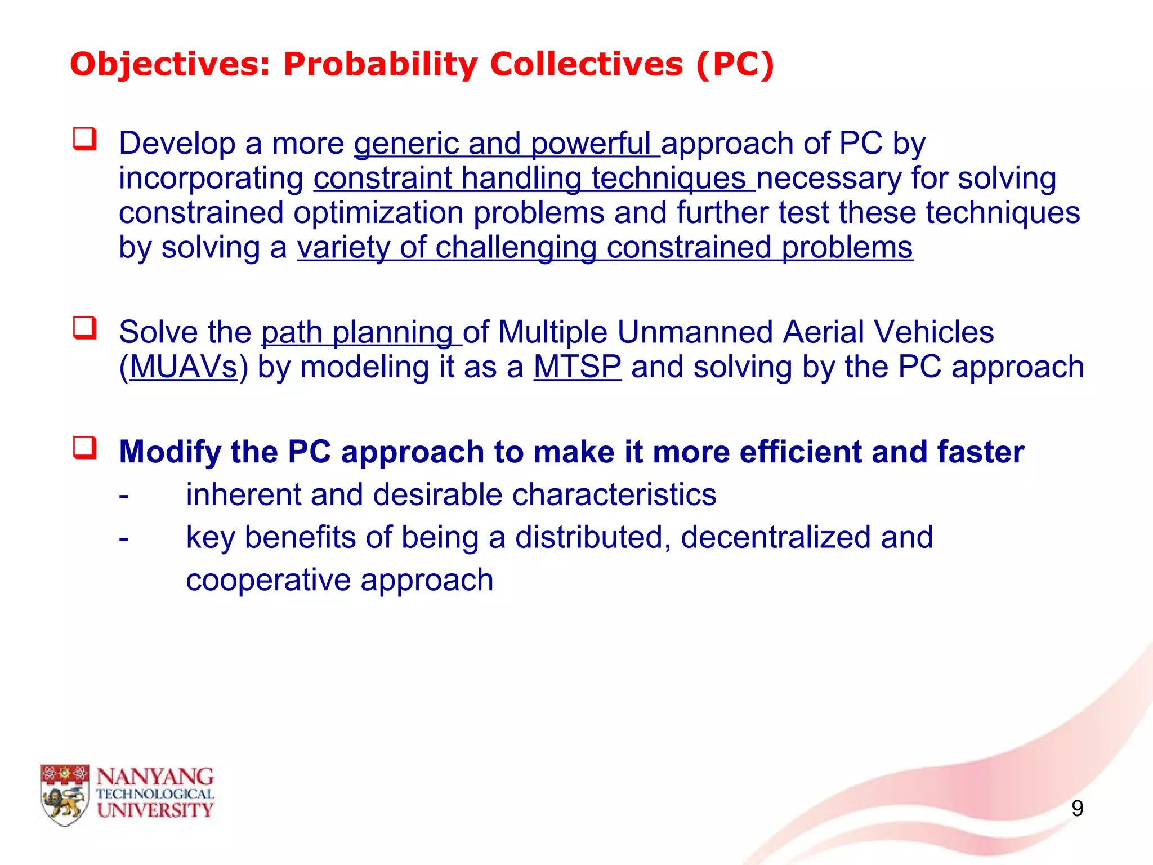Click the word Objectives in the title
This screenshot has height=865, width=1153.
[169, 64]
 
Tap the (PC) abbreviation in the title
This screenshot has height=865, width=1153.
[735, 64]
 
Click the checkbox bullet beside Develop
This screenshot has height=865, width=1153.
[84, 139]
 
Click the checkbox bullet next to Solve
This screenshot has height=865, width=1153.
[84, 328]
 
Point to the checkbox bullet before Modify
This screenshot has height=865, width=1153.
[84, 448]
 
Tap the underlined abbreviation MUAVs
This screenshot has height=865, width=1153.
[184, 367]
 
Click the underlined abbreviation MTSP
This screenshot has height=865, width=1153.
[577, 367]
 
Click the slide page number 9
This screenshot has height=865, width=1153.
[1077, 809]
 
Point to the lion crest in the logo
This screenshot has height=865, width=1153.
[65, 795]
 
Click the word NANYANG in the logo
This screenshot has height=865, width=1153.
[155, 777]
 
